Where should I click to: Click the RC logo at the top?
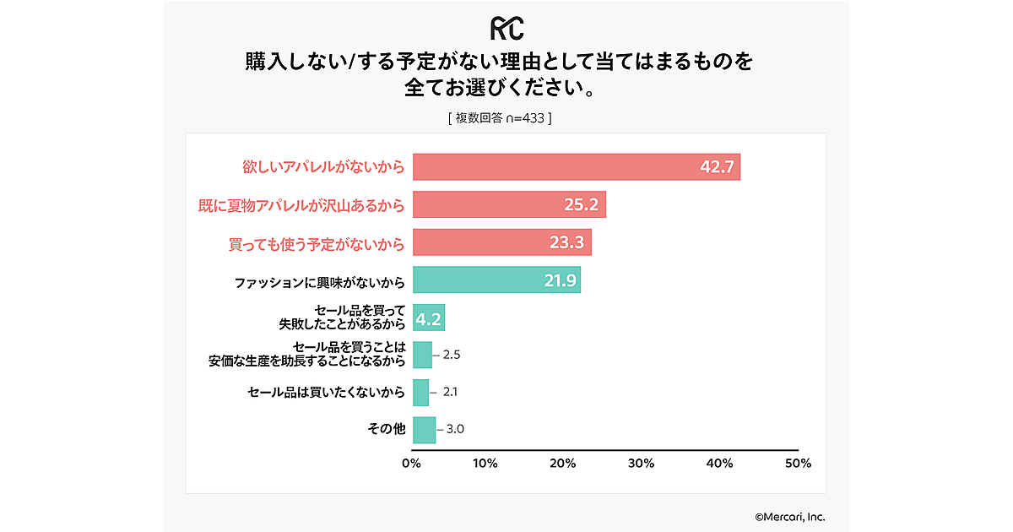506,28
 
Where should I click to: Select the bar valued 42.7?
576,167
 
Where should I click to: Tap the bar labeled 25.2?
509,204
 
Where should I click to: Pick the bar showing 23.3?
501,242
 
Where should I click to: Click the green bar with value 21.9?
496,280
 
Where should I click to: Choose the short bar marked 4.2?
429,318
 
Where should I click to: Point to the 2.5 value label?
451,355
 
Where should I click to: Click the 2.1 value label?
450,393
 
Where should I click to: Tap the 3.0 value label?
455,429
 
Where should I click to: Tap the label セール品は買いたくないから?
327,393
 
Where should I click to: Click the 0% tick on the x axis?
411,464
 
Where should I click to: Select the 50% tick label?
798,464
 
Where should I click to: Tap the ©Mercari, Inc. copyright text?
789,516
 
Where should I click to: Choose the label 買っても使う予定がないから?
317,243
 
